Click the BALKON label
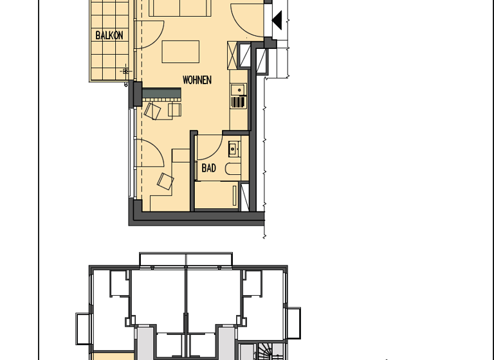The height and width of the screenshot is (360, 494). pos(109,35)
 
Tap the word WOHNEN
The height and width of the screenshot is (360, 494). pos(196,80)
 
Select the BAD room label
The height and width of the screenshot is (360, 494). pos(209,168)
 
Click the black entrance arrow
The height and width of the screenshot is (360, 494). pos(277,20)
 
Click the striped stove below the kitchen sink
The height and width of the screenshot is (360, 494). pos(238,102)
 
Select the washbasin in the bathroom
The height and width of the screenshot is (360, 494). pos(233,149)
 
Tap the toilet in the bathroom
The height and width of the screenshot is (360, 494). pos(233,168)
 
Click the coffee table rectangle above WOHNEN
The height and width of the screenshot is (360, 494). pos(180,51)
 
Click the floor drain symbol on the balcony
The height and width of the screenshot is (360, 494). pos(126,71)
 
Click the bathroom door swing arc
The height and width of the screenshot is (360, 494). pos(209,147)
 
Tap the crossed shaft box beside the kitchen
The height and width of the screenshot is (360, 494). pos(247,54)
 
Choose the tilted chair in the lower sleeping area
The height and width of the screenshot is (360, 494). pos(165,181)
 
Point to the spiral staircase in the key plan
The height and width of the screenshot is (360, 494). pos(265,351)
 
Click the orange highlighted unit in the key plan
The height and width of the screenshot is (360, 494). pos(113,355)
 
